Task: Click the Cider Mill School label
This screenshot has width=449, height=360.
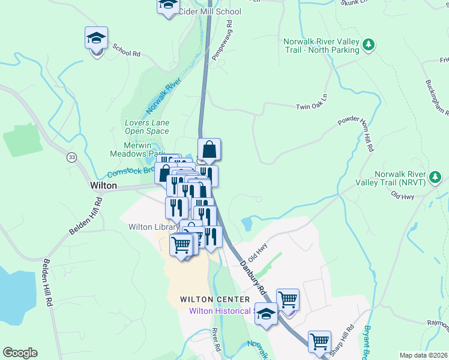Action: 209,12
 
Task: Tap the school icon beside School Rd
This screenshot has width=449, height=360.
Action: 96,39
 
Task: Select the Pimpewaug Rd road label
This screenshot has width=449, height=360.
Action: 221,40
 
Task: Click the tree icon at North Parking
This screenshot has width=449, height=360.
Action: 369,44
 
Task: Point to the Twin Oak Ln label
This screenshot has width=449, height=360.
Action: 312,107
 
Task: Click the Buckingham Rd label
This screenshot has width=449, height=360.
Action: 437,96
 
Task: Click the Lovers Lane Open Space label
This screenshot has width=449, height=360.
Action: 147,127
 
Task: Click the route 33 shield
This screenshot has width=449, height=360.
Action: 72,157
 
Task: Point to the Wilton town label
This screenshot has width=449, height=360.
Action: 103,186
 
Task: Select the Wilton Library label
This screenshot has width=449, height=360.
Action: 154,227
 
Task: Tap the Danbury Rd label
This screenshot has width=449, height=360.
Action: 253,275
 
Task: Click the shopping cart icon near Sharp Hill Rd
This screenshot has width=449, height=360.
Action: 319,341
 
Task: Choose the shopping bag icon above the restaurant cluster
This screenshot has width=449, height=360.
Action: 209,149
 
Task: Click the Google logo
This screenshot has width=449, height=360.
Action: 20,353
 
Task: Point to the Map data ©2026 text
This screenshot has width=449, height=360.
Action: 423,355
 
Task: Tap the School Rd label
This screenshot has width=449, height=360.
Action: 126,53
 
